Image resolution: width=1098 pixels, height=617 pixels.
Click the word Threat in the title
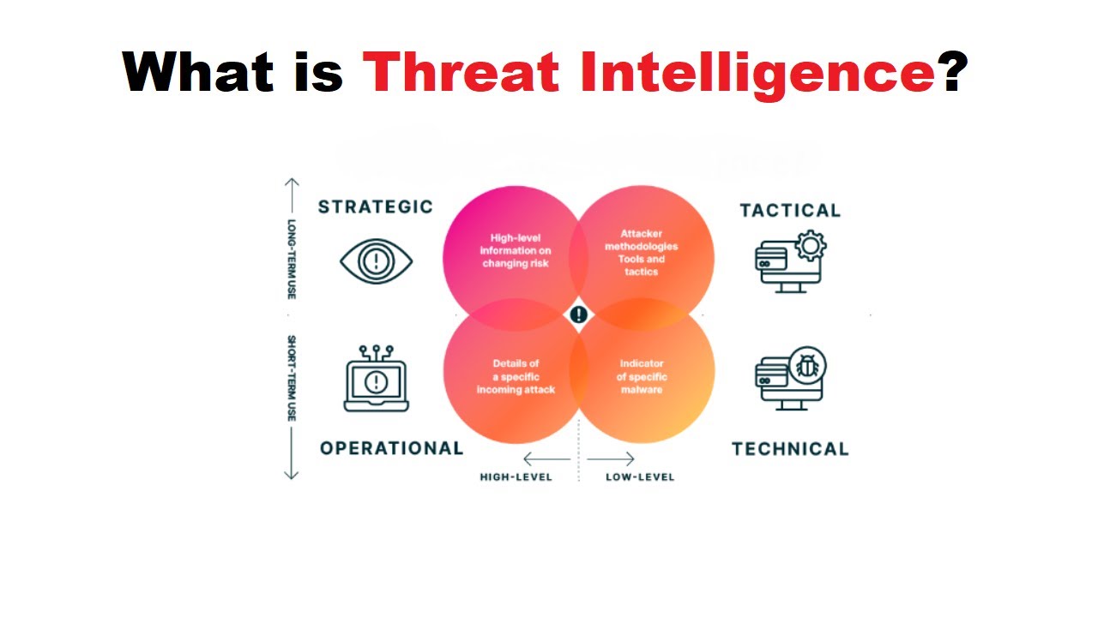[462, 71]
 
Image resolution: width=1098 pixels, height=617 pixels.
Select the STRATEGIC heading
[376, 207]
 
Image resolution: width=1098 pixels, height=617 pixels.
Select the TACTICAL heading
[790, 210]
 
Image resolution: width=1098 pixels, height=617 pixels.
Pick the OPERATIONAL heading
[391, 448]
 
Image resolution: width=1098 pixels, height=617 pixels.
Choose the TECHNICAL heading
[790, 449]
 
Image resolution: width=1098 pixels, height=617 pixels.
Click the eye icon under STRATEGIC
[376, 261]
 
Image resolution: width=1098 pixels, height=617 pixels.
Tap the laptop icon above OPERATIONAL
[376, 380]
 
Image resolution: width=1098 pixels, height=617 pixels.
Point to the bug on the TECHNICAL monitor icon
[807, 367]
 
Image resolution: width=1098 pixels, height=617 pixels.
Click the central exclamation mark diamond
[579, 314]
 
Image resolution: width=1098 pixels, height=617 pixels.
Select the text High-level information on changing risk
[515, 250]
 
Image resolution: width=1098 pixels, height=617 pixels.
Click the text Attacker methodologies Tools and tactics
[641, 253]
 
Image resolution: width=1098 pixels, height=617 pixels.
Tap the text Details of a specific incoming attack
[516, 376]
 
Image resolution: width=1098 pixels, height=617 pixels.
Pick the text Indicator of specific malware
[641, 376]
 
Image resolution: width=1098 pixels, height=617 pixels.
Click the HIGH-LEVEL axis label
[516, 476]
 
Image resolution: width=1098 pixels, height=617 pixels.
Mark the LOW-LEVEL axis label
[640, 476]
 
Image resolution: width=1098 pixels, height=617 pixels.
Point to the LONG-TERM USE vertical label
[292, 259]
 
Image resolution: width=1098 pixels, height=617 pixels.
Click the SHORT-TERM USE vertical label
[292, 378]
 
